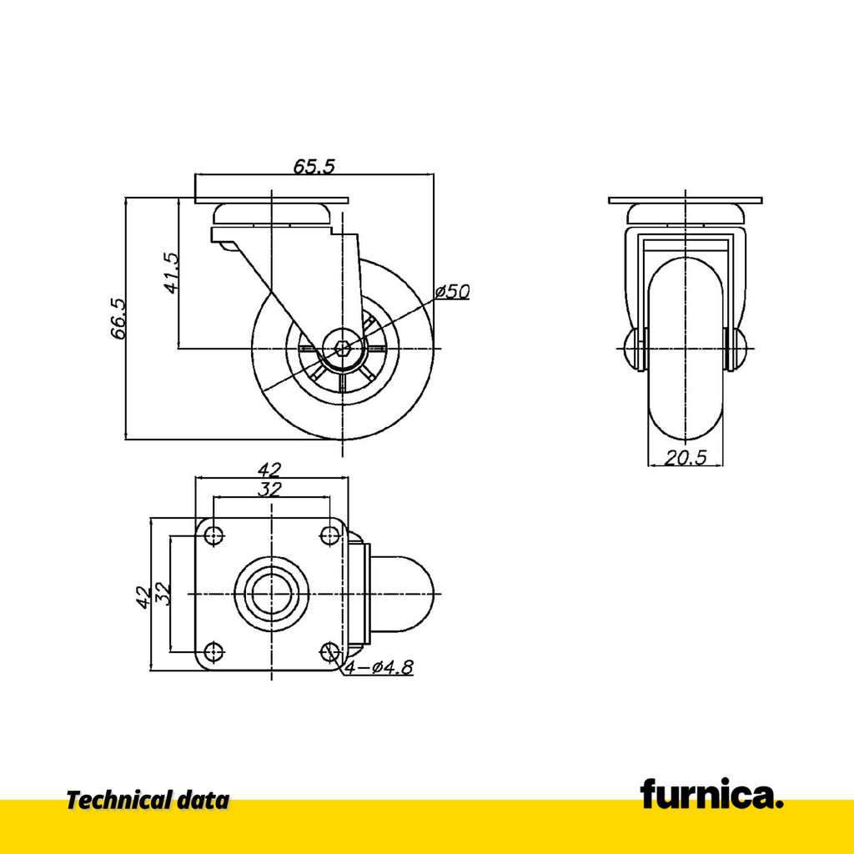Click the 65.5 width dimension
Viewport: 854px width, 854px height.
click(x=314, y=166)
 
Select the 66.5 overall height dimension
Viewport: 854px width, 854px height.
click(x=118, y=319)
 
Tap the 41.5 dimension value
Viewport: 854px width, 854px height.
click(x=171, y=273)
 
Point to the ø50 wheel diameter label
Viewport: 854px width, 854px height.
click(x=453, y=292)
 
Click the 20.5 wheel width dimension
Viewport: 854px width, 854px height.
click(x=686, y=458)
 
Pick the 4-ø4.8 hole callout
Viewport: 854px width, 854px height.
click(x=379, y=666)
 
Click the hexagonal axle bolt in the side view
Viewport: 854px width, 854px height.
click(x=342, y=348)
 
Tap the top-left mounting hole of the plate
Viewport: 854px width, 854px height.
click(x=214, y=535)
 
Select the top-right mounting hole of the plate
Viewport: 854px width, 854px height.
click(x=329, y=535)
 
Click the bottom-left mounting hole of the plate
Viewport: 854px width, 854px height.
click(x=214, y=651)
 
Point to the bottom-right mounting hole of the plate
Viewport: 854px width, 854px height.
click(x=329, y=651)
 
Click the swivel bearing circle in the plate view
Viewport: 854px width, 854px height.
click(x=272, y=593)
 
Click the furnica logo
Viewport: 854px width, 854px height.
click(x=712, y=793)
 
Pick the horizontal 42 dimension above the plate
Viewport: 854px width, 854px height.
click(x=269, y=469)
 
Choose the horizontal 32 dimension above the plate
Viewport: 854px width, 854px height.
click(x=269, y=489)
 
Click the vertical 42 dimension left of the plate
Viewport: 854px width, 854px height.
click(x=143, y=597)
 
